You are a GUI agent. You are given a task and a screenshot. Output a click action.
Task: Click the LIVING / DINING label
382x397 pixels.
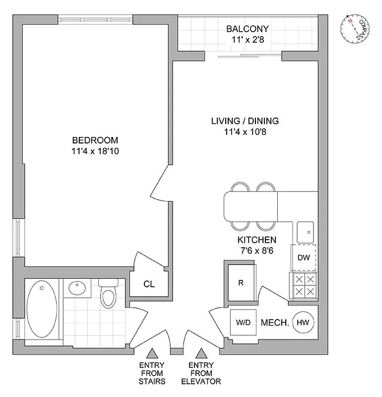click(245, 121)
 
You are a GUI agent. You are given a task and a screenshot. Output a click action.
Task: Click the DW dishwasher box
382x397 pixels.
click(304, 258)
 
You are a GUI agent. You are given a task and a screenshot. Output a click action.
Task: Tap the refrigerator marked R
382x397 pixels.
click(241, 284)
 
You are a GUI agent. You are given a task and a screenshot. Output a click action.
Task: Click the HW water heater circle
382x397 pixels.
click(302, 323)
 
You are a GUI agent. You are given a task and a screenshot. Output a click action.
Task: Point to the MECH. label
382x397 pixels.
click(275, 323)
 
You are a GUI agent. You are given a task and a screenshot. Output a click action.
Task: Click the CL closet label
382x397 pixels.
click(149, 284)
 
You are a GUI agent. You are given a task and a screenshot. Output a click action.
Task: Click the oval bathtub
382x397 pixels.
click(41, 310)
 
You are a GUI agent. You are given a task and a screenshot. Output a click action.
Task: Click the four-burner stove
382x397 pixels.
click(303, 285)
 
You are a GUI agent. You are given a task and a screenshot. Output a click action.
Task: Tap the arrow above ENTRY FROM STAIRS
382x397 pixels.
click(152, 353)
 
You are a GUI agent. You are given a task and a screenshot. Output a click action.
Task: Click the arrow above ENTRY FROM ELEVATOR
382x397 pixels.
click(201, 353)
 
